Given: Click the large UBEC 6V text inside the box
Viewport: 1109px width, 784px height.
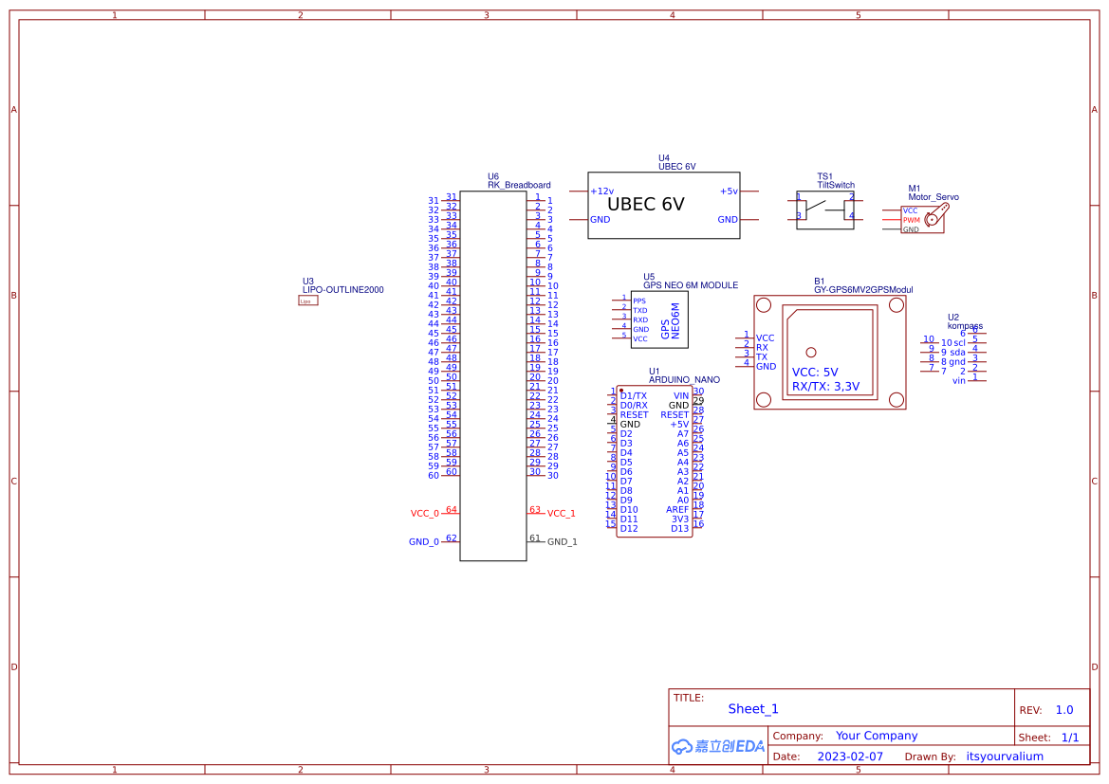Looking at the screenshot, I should point(645,205).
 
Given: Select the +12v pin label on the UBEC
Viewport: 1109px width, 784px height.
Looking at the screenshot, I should point(601,191).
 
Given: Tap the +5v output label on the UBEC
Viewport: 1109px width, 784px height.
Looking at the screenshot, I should point(728,191).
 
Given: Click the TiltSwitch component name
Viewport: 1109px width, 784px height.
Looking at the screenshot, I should point(836,186).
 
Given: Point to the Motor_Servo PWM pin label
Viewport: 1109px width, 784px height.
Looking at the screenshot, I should point(911,220).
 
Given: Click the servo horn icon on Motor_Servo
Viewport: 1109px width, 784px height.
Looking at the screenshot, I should point(934,218).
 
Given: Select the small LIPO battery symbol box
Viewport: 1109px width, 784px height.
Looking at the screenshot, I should point(307,301).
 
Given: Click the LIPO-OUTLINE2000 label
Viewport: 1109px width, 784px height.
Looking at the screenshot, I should point(342,290).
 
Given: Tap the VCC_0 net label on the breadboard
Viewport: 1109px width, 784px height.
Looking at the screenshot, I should point(424,514).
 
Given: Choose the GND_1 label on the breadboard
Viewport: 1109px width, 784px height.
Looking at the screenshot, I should point(562,542).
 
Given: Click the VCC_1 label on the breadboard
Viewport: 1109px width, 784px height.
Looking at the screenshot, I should point(561,514).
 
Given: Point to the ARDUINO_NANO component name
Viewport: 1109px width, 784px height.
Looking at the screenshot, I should point(684,379).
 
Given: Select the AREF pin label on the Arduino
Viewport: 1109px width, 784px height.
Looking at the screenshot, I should point(677,510).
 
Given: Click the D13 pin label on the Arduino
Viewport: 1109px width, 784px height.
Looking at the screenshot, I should point(679,529).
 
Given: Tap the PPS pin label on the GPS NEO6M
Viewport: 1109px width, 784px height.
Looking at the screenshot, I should point(638,301).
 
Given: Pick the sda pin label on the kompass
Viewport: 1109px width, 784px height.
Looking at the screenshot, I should point(958,352).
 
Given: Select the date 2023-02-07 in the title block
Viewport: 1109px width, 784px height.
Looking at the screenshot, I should point(850,757).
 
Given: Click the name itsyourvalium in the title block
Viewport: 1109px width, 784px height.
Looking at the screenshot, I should point(1004,757).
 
